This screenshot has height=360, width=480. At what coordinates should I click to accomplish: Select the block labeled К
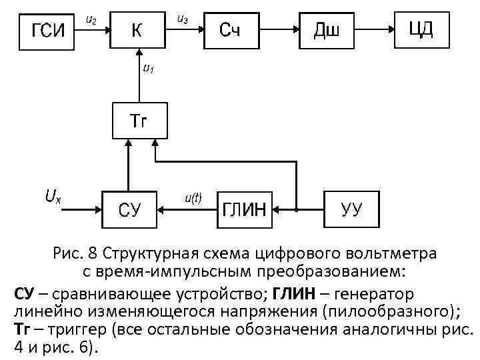point(137,29)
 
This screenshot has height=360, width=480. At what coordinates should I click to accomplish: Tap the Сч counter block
point(230,29)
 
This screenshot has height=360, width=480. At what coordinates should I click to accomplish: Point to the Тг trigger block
point(137,121)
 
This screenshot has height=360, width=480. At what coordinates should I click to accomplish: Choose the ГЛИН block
point(243,209)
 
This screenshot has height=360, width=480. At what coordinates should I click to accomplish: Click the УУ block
point(351,209)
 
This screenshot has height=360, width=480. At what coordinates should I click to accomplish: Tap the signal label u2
point(92,22)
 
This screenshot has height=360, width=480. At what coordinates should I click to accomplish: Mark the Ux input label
point(53,196)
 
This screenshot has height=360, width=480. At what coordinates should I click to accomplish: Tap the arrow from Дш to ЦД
point(377,29)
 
